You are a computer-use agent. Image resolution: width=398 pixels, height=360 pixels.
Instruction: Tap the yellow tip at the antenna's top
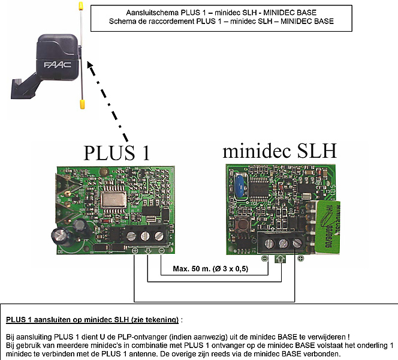[79, 8]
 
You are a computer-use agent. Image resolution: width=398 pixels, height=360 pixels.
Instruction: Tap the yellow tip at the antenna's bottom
[81, 104]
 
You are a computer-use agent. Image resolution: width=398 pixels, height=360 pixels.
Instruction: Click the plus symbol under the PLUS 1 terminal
[134, 251]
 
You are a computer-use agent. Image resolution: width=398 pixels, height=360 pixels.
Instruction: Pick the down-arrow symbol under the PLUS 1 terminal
[147, 251]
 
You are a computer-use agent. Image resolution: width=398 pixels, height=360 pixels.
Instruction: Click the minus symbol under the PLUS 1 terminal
[161, 251]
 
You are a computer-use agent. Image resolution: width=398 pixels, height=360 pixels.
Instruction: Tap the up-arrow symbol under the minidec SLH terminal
[280, 259]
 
